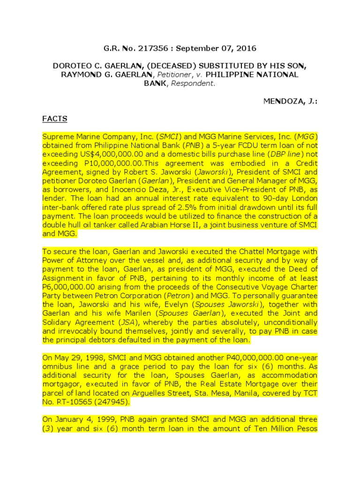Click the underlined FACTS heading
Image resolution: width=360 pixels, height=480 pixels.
(x=55, y=119)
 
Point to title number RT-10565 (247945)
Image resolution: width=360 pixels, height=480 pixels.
(x=91, y=401)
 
